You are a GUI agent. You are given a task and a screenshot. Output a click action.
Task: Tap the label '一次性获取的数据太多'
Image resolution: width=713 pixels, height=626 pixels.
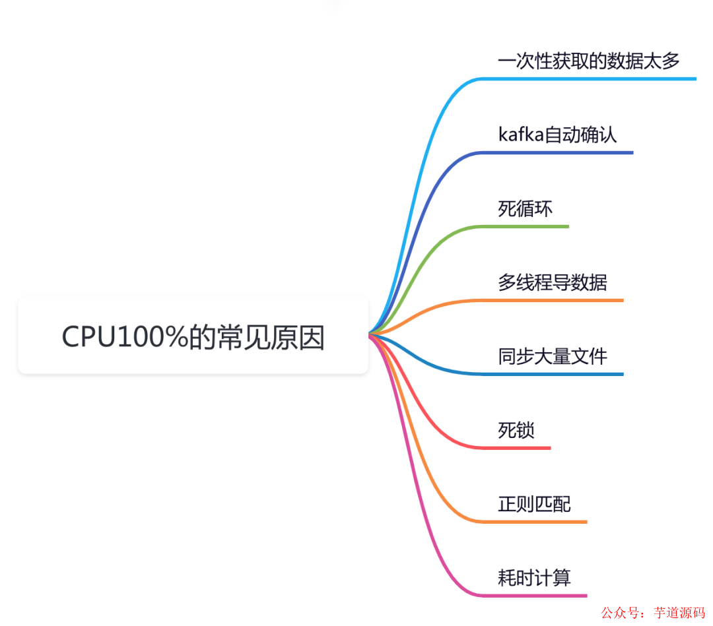pos(589,61)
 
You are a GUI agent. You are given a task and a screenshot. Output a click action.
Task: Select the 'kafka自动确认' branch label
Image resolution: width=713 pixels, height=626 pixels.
pos(557,135)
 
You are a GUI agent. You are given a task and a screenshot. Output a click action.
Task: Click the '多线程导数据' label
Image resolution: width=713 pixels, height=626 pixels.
pos(553,283)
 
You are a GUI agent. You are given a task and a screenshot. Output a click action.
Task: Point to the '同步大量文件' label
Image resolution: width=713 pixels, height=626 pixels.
pos(553,357)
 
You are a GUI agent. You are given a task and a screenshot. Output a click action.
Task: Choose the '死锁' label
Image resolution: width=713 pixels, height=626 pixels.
pos(516,431)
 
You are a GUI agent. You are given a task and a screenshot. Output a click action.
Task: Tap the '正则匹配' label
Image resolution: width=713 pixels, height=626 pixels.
pos(534,505)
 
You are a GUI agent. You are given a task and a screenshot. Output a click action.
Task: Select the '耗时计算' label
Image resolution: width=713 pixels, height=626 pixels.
pos(534,579)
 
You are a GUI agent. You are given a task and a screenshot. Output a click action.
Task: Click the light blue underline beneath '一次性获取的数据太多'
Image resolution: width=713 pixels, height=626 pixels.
pos(588,79)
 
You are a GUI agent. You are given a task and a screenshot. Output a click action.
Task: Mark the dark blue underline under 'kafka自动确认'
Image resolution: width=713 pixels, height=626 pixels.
pos(558,153)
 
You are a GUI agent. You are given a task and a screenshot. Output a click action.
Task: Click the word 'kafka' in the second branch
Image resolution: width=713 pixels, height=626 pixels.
pos(521,135)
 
